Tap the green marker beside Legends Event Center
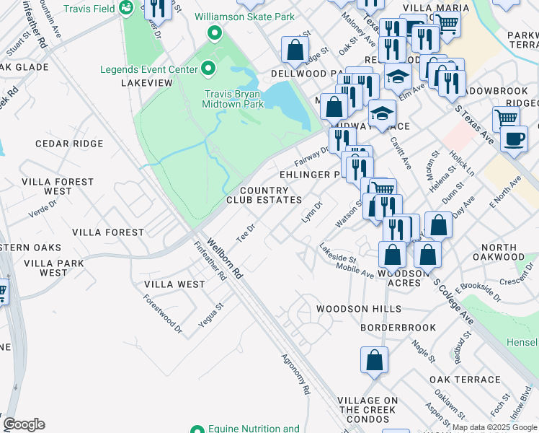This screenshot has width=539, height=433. [208, 69]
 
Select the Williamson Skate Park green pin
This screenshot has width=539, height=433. [214, 32]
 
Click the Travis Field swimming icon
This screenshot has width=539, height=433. [126, 8]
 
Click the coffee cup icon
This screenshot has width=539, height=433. [513, 138]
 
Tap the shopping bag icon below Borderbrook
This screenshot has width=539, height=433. [375, 360]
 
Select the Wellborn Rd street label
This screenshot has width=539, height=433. [223, 258]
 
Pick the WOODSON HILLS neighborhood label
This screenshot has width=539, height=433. [358, 309]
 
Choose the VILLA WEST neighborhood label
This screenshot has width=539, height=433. [174, 284]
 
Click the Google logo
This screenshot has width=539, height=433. [24, 424]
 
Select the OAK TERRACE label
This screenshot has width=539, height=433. [464, 380]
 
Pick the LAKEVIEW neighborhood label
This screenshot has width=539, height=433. [147, 83]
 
